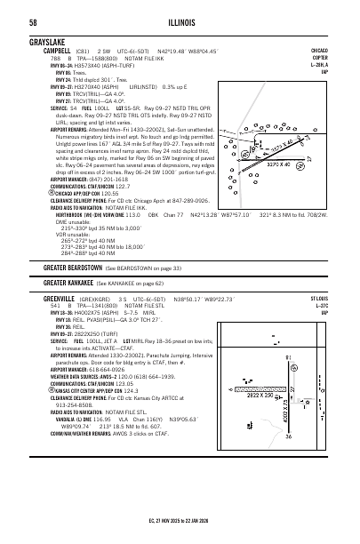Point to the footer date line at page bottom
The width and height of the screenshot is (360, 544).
tap(180, 532)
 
